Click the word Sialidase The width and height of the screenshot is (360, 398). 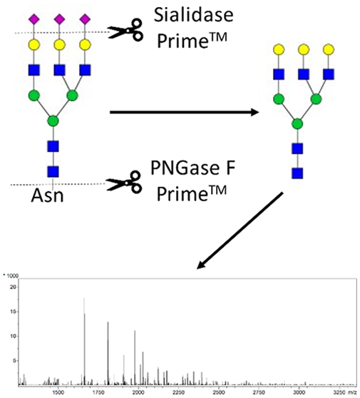tap(193, 15)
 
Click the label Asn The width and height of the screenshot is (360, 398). tap(47, 195)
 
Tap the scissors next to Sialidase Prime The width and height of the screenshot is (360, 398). tap(125, 30)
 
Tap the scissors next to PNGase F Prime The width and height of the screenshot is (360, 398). tap(124, 183)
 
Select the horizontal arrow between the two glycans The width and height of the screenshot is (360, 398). tap(184, 112)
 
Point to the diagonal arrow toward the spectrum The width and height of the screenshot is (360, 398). tap(240, 230)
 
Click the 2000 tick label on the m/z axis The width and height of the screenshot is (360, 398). tap(138, 392)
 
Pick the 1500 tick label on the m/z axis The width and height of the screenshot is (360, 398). tap(58, 392)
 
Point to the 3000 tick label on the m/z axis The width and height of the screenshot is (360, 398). tap(299, 392)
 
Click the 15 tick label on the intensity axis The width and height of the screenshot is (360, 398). tap(13, 312)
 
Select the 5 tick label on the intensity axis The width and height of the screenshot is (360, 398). tap(14, 361)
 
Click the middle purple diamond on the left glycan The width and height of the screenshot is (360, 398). tap(59, 19)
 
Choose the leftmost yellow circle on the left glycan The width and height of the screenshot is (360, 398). tap(34, 45)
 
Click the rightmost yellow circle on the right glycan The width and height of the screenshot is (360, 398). tap(329, 49)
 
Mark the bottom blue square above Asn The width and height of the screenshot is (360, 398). tap(53, 172)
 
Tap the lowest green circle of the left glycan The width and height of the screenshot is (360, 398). tap(53, 121)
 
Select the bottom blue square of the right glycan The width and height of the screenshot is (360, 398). tap(297, 173)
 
